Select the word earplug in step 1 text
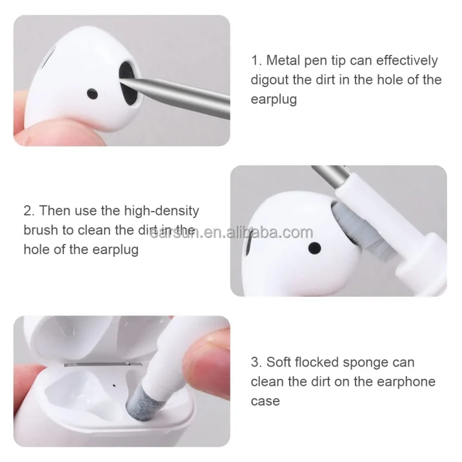tap(274, 100)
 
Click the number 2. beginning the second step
tap(29, 211)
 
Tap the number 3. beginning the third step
tap(257, 362)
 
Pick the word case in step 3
tap(265, 401)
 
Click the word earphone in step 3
tap(405, 381)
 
